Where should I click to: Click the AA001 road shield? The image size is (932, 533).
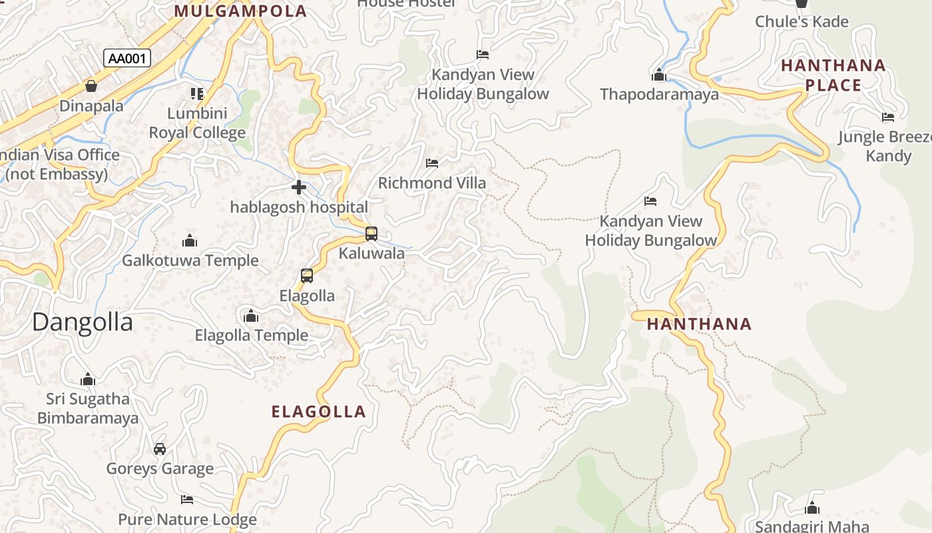tap(127, 59)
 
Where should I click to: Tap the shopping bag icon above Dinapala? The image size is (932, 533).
tap(91, 86)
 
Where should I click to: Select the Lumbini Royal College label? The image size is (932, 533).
tap(197, 123)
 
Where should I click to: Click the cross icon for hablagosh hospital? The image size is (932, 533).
tap(299, 187)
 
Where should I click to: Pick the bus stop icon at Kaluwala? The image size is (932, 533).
tap(371, 234)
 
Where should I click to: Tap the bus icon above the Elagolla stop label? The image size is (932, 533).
tap(307, 276)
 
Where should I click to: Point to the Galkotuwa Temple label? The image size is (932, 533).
tap(190, 261)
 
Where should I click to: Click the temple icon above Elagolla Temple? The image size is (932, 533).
tap(251, 316)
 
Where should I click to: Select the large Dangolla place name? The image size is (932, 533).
tap(83, 322)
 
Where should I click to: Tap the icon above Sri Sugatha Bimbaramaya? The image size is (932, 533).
tap(88, 380)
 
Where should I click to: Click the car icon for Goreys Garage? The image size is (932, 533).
tap(160, 449)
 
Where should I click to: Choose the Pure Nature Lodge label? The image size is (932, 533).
tap(187, 520)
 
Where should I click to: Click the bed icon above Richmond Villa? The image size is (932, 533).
tap(432, 163)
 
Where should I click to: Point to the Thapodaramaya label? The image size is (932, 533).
tap(659, 95)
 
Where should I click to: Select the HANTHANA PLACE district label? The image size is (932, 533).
tap(833, 75)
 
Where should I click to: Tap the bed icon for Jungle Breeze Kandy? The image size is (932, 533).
tap(888, 118)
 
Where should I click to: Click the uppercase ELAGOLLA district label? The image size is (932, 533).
tap(319, 412)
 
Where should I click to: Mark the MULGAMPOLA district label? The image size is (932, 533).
tap(240, 11)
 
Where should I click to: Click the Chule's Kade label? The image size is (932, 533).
tap(802, 22)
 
